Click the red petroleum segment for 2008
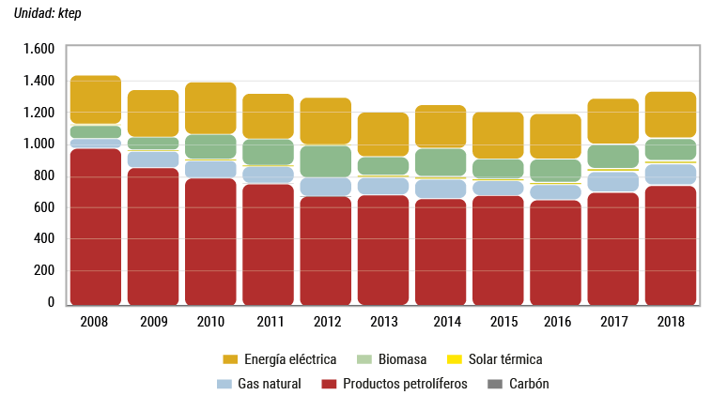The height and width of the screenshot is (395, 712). pyautogui.click(x=95, y=226)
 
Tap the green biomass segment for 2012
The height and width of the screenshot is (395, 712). pyautogui.click(x=325, y=160)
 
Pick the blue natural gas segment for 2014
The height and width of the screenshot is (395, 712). pyautogui.click(x=441, y=188)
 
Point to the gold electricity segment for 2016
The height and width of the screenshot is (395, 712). pyautogui.click(x=556, y=136)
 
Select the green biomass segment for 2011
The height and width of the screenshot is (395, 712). pyautogui.click(x=268, y=151)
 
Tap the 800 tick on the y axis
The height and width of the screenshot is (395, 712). pyautogui.click(x=45, y=175)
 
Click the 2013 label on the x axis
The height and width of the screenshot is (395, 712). pyautogui.click(x=383, y=321)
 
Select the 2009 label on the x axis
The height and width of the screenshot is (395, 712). pyautogui.click(x=153, y=321)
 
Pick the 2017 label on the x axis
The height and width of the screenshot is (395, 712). pyautogui.click(x=613, y=321)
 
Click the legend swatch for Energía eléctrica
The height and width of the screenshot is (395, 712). pyautogui.click(x=230, y=359)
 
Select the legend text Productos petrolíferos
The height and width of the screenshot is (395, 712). pyautogui.click(x=405, y=384)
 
